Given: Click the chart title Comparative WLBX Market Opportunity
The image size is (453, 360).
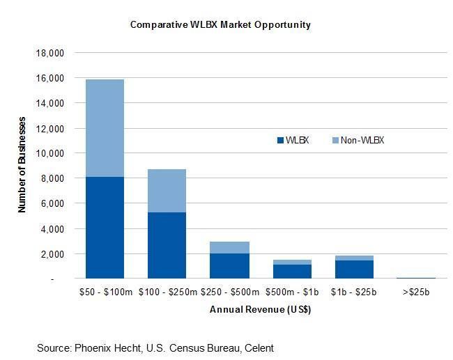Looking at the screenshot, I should pos(220,24).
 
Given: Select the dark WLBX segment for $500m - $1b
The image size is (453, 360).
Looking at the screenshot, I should pos(293,271).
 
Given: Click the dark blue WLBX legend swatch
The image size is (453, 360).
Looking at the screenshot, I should pos(281,141).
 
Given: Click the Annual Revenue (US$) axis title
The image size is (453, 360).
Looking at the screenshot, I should pos(260,310).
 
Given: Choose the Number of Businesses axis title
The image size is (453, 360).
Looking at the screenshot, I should pos(22,166).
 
